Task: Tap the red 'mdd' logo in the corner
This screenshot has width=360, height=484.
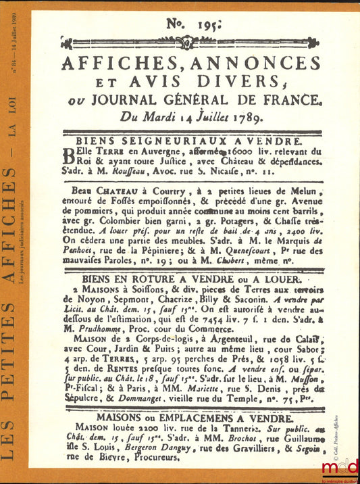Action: point(339,466)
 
